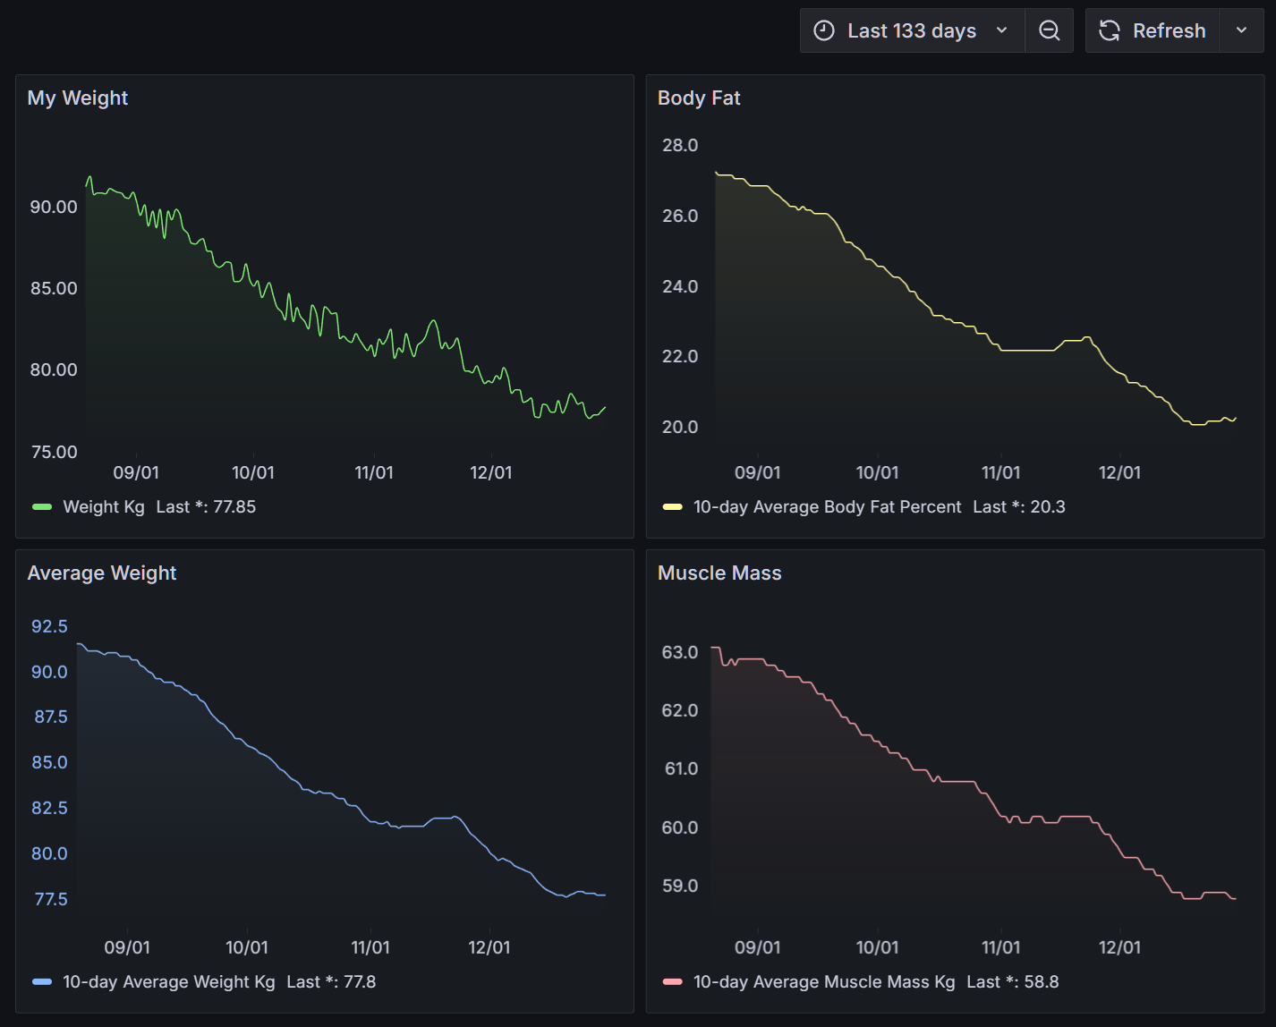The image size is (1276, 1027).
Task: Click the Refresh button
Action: click(x=1153, y=30)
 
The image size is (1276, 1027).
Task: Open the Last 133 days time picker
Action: click(x=912, y=30)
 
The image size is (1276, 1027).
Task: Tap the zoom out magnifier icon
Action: click(x=1049, y=30)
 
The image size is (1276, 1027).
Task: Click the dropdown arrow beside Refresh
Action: click(x=1241, y=30)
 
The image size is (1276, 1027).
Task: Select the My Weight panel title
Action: click(x=78, y=98)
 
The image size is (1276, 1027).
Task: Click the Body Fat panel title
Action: click(x=699, y=98)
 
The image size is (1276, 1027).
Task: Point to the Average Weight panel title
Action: click(x=102, y=573)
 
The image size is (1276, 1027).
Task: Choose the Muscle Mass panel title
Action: click(x=719, y=573)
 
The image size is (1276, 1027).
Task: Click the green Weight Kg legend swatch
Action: click(x=42, y=507)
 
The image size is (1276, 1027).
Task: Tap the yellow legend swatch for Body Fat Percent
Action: click(x=672, y=507)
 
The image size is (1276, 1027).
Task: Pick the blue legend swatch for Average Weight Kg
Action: click(x=42, y=982)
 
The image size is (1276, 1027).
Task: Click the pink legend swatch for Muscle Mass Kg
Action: click(x=672, y=982)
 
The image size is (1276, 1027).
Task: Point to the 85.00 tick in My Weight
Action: click(x=54, y=288)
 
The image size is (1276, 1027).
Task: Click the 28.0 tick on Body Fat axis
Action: click(x=680, y=145)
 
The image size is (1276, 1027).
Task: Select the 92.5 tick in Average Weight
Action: click(x=49, y=626)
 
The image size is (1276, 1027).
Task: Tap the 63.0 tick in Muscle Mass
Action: click(x=680, y=652)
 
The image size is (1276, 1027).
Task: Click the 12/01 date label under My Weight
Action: click(x=491, y=472)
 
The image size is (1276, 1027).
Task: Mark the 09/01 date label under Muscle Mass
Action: click(x=757, y=947)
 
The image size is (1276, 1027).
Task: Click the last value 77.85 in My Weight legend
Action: click(x=234, y=507)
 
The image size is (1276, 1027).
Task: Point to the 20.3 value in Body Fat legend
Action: click(x=1048, y=507)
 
